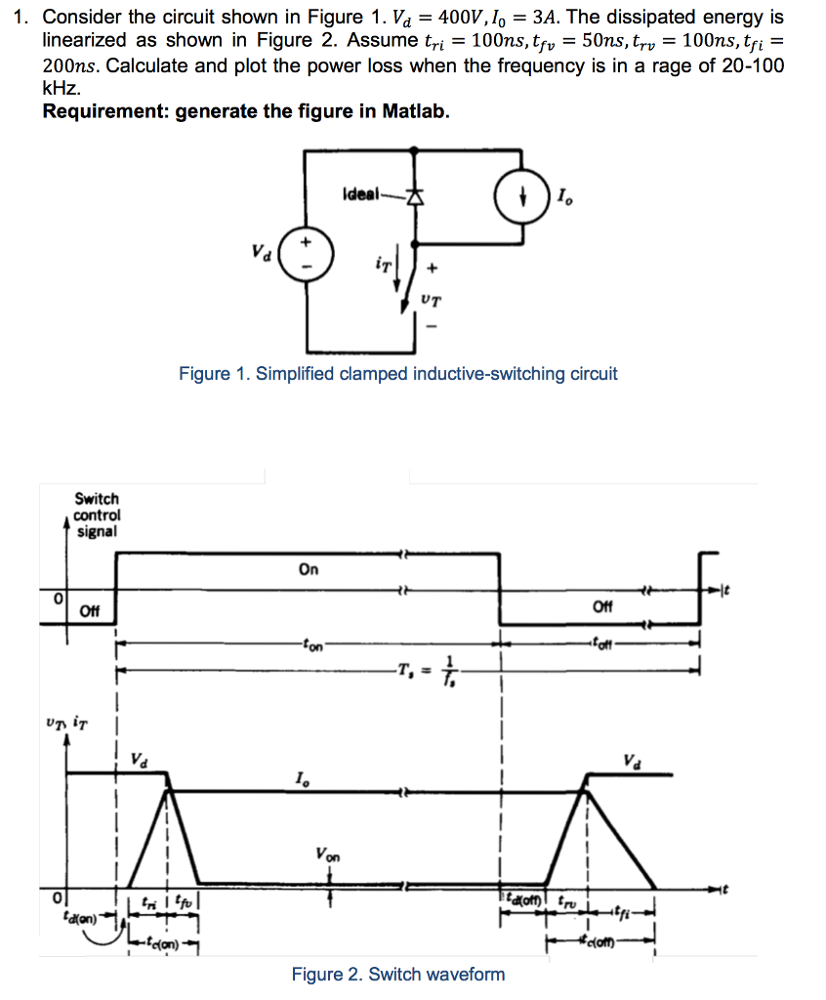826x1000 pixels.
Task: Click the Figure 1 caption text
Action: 397,374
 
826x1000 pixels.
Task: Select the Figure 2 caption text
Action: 397,974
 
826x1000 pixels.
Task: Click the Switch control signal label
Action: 97,515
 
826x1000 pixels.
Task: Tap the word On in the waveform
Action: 308,570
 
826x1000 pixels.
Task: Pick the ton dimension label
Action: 312,645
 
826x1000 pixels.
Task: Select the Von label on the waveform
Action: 328,854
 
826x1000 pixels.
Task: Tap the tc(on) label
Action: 160,943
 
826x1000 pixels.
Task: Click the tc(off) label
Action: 601,943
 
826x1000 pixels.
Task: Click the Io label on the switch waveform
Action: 302,778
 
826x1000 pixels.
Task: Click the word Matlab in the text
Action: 414,110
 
